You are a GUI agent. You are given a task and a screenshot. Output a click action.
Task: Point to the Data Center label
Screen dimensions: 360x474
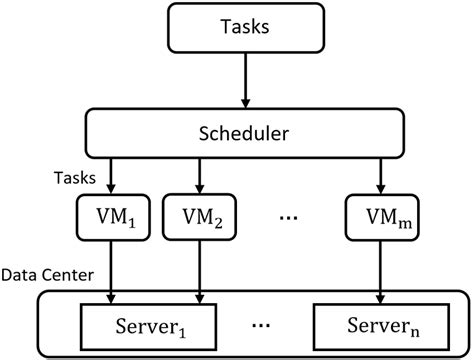coord(47,273)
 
